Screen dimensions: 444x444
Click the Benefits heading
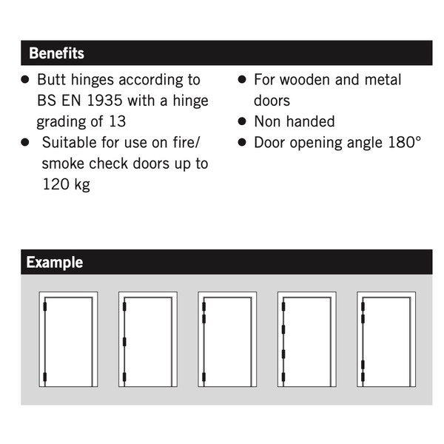(56, 54)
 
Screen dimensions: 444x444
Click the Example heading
(55, 263)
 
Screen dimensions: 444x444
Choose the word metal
(383, 79)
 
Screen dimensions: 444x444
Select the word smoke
(63, 164)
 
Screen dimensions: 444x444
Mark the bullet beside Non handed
(242, 121)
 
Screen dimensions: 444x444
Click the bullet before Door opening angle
(242, 142)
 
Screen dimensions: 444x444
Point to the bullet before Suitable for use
(25, 142)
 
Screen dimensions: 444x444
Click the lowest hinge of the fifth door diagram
(363, 377)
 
